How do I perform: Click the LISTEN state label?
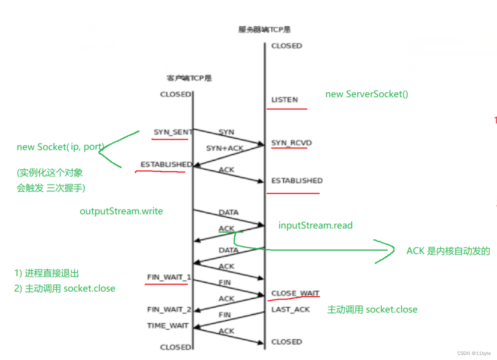(284, 100)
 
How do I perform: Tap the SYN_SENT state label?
(173, 132)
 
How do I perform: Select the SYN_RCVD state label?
(292, 143)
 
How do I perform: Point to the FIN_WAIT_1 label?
(169, 277)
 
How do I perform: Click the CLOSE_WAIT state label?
(295, 293)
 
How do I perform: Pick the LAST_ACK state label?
(290, 309)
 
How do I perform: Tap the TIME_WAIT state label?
(167, 326)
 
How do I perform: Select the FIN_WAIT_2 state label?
(169, 309)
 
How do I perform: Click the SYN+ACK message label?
(224, 148)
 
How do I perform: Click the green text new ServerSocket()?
(366, 94)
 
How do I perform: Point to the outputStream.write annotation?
(121, 211)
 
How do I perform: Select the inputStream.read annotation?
(315, 226)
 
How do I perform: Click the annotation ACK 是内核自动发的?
(448, 251)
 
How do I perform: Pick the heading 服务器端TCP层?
(265, 30)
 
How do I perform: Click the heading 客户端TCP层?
(189, 78)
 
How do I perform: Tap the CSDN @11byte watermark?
(475, 352)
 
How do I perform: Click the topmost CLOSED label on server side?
(286, 46)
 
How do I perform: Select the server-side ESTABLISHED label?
(297, 181)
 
